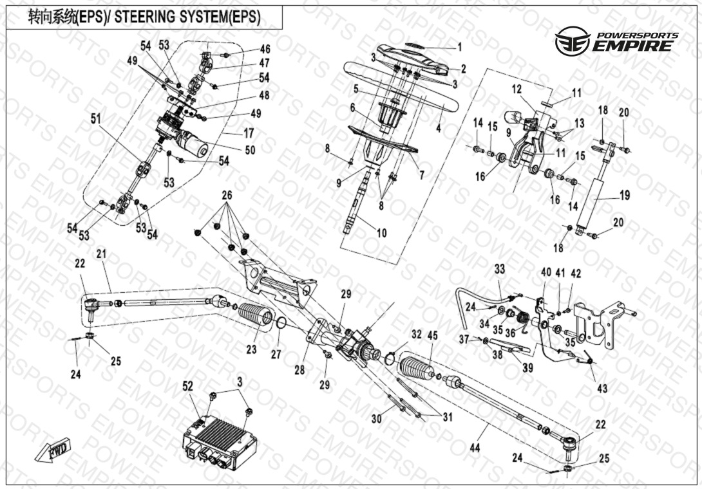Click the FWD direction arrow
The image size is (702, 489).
tap(53, 450)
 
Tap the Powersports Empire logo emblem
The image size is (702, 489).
tap(572, 41)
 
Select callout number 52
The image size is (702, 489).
tap(188, 386)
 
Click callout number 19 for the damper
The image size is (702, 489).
tap(625, 195)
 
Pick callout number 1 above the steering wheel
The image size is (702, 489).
tap(459, 47)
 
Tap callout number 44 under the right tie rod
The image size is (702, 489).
tap(475, 447)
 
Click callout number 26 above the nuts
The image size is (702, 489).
tap(227, 195)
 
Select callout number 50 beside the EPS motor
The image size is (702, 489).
tap(250, 149)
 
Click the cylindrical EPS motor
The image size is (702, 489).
tap(193, 142)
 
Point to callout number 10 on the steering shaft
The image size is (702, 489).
tap(381, 233)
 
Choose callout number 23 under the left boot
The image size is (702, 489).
tap(252, 349)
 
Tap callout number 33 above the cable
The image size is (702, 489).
tap(500, 269)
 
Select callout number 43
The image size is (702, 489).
tap(602, 389)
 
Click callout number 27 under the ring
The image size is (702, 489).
tap(276, 354)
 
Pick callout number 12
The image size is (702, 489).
tap(517, 89)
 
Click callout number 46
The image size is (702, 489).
tap(265, 49)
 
